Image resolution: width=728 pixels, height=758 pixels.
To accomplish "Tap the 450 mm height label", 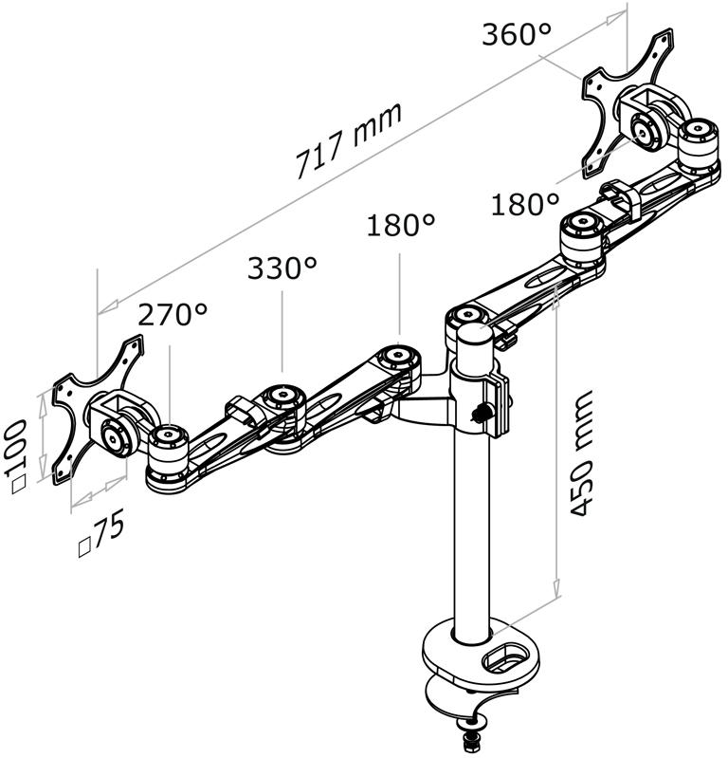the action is [x=580, y=453].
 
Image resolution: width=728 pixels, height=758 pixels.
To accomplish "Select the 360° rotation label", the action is [x=516, y=35].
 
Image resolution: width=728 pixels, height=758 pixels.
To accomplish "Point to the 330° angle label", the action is [x=282, y=268].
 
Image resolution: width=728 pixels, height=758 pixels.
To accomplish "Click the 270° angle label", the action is [x=173, y=314].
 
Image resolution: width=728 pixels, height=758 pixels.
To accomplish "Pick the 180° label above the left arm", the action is [x=400, y=225].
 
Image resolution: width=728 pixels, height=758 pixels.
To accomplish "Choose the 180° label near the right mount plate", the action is [x=525, y=204].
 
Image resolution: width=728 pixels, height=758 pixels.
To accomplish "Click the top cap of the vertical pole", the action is [x=475, y=334].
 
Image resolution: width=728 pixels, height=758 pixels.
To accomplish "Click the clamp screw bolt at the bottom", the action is [x=472, y=735].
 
